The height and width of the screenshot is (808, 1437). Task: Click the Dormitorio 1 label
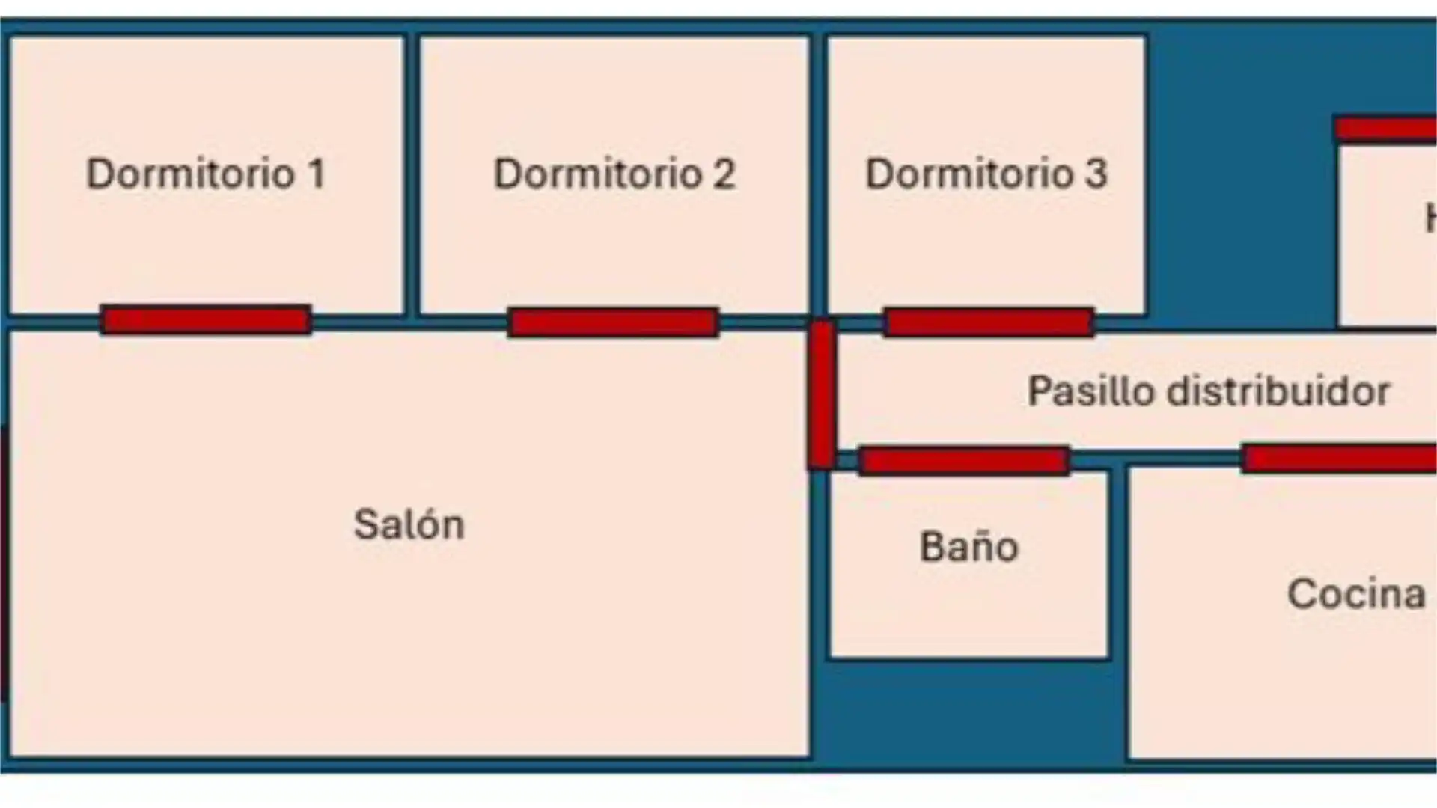point(206,174)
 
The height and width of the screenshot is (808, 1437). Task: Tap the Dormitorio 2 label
point(614,174)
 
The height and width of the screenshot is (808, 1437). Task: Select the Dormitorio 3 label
point(986,174)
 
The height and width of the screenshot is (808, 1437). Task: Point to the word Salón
point(409,524)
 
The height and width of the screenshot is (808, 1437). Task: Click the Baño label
point(968,547)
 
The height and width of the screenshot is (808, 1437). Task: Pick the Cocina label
point(1356,594)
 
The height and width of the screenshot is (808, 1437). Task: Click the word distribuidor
point(1278,391)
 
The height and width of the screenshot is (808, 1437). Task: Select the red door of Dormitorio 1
point(206,320)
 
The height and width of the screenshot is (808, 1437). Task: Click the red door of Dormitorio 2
point(613,322)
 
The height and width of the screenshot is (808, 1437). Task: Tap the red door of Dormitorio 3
point(989,322)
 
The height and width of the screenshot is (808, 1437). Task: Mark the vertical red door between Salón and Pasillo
point(821,394)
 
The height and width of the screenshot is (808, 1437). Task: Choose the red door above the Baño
point(964,461)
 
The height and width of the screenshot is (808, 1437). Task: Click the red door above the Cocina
point(1340,458)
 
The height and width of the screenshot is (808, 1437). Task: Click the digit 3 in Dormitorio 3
point(1096,174)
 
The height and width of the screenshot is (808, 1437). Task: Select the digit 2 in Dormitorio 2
point(724,174)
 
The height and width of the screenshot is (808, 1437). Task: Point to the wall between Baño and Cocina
point(1118,569)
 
